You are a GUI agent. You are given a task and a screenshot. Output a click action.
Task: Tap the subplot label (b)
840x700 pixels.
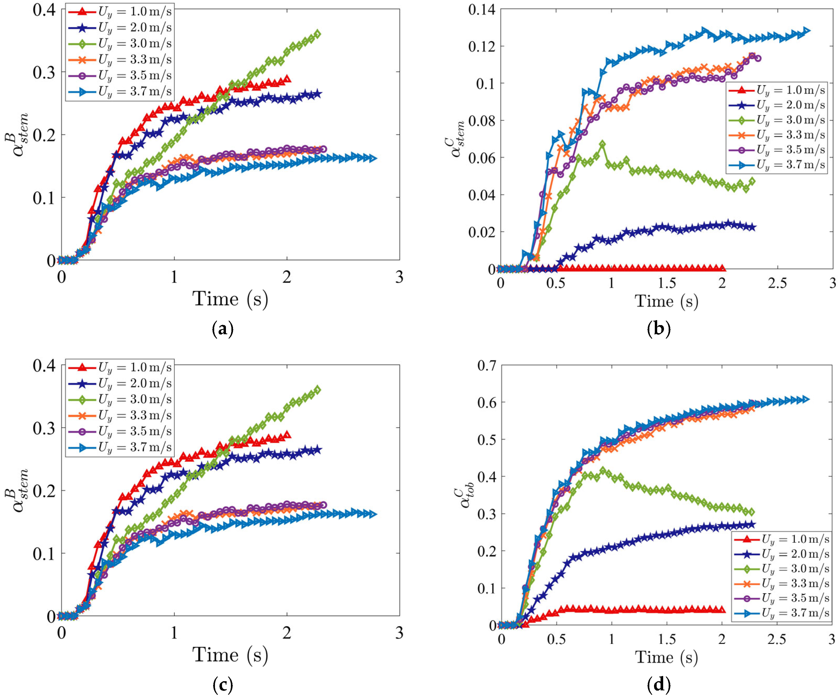click(658, 329)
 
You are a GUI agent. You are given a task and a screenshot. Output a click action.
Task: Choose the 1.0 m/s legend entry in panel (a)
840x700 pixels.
click(120, 12)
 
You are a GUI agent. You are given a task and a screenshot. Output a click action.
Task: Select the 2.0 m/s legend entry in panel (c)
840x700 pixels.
click(120, 384)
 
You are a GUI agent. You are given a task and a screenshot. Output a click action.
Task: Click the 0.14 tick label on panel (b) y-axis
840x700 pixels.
click(481, 10)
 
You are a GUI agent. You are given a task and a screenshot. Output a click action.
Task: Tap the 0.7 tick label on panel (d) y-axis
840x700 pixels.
click(486, 365)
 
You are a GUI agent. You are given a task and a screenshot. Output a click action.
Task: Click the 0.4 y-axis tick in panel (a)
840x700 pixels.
click(44, 10)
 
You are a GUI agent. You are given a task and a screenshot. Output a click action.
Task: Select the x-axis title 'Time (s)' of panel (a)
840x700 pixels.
click(230, 299)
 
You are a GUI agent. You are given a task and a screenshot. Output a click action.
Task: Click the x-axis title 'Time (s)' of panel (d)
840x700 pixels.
click(666, 657)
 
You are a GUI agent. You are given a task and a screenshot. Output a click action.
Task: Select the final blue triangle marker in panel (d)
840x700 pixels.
click(806, 399)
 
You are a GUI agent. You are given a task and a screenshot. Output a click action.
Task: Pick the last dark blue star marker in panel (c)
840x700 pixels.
click(318, 450)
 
